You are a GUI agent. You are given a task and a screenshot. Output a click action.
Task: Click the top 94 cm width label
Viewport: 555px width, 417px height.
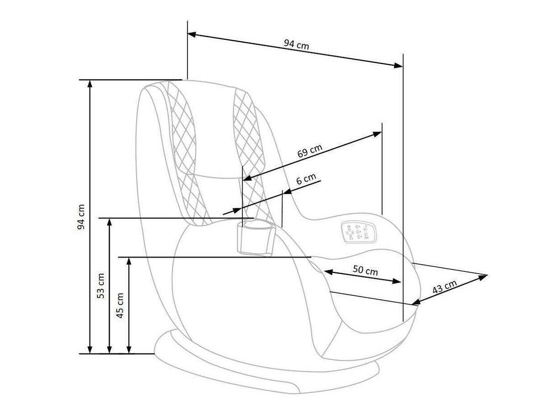click(x=296, y=44)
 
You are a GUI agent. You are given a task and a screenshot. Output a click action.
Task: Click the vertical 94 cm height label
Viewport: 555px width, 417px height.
click(x=81, y=217)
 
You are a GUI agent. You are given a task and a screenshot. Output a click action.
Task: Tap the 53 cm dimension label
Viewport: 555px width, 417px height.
click(x=101, y=286)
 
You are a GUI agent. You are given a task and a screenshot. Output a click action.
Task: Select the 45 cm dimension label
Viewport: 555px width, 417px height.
click(x=120, y=306)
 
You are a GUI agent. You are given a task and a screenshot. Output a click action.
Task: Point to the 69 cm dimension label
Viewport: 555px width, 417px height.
click(x=310, y=151)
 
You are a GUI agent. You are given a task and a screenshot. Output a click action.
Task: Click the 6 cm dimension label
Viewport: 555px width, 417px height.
click(x=306, y=179)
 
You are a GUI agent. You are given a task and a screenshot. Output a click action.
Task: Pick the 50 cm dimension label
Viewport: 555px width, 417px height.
click(x=365, y=270)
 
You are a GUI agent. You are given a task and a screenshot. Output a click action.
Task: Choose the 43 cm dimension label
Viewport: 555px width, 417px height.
click(x=444, y=287)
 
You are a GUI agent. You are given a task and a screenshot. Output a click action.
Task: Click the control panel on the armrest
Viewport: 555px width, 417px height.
click(x=359, y=232)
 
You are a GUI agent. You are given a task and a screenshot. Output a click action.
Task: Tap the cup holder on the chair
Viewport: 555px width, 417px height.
click(x=256, y=238)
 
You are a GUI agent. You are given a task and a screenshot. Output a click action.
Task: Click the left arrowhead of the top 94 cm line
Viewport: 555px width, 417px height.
click(x=192, y=34)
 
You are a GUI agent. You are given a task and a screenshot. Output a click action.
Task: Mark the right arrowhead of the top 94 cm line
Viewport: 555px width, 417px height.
click(x=399, y=65)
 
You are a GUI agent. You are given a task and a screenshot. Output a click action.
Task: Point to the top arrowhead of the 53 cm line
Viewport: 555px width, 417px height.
click(x=109, y=222)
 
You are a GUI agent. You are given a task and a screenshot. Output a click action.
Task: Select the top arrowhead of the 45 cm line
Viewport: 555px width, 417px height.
click(x=129, y=261)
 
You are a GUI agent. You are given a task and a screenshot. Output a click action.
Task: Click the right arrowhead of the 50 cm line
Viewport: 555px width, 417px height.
click(x=397, y=281)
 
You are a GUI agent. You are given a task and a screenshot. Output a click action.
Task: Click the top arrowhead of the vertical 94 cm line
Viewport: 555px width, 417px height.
click(x=90, y=84)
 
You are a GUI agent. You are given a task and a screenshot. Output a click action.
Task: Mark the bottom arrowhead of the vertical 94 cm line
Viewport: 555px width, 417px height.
click(x=90, y=349)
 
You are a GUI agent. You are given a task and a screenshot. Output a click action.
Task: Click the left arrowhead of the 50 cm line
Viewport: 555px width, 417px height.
click(x=329, y=272)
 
